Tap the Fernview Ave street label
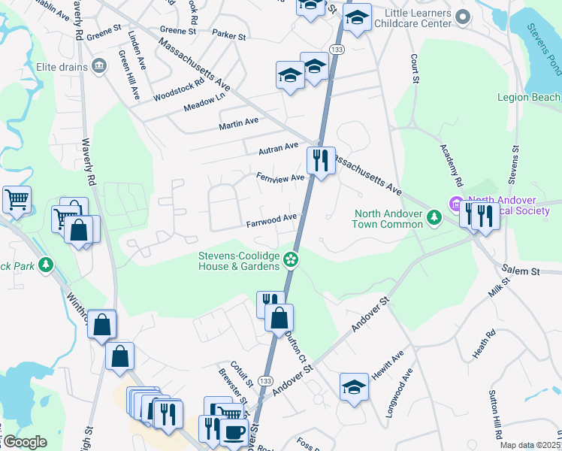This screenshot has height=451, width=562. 279,177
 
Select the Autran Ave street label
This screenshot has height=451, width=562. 278,149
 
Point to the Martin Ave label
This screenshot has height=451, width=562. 239,120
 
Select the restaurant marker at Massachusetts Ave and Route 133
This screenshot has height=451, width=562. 321,160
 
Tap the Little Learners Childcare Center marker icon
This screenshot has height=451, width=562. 463,15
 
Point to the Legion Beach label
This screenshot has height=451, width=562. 528,97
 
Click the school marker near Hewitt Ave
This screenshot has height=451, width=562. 354,387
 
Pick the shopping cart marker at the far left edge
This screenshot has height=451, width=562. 16,200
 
